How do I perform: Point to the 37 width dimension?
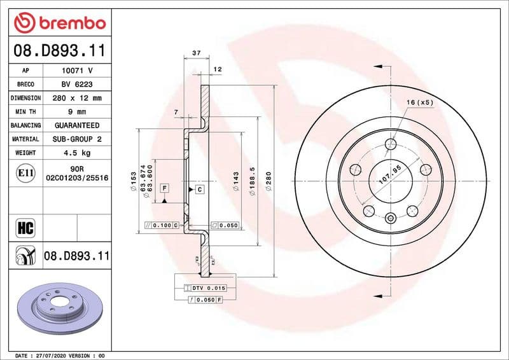pos(197,55)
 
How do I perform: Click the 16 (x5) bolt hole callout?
pos(420,102)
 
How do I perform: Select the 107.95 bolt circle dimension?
pos(393,173)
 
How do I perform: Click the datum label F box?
pos(164,188)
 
